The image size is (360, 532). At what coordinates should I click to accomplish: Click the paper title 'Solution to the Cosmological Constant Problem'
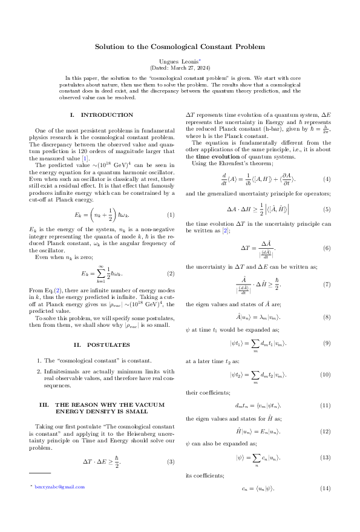click(x=180, y=47)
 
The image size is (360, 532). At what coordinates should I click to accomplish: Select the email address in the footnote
click(x=59, y=487)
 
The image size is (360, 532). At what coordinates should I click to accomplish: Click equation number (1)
click(x=171, y=215)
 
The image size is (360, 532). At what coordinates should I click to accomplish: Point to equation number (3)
click(x=171, y=462)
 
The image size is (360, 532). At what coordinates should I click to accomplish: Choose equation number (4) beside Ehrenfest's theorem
click(x=327, y=179)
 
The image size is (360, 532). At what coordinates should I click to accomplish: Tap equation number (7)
click(x=327, y=284)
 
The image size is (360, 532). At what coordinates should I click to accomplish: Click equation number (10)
click(x=326, y=375)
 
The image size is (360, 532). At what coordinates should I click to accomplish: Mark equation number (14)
click(x=326, y=488)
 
